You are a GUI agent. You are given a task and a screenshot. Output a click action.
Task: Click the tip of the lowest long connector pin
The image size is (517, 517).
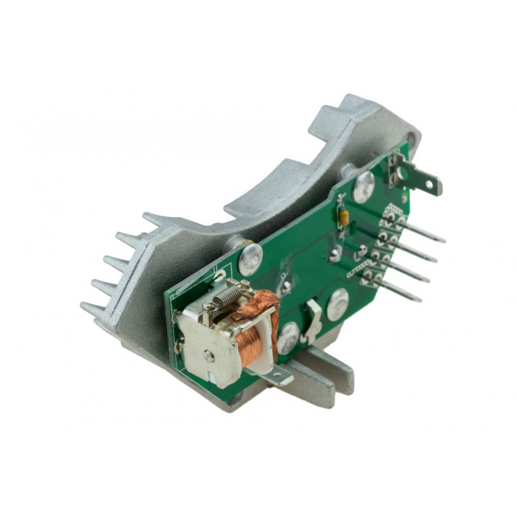coord(419,299)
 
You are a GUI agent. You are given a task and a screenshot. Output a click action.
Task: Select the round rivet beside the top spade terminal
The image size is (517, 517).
coord(363,188)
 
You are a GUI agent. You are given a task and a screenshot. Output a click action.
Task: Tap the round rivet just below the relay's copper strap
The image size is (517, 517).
coord(287,338)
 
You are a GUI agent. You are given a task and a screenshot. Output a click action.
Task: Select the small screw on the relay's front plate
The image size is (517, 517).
coord(210,356)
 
